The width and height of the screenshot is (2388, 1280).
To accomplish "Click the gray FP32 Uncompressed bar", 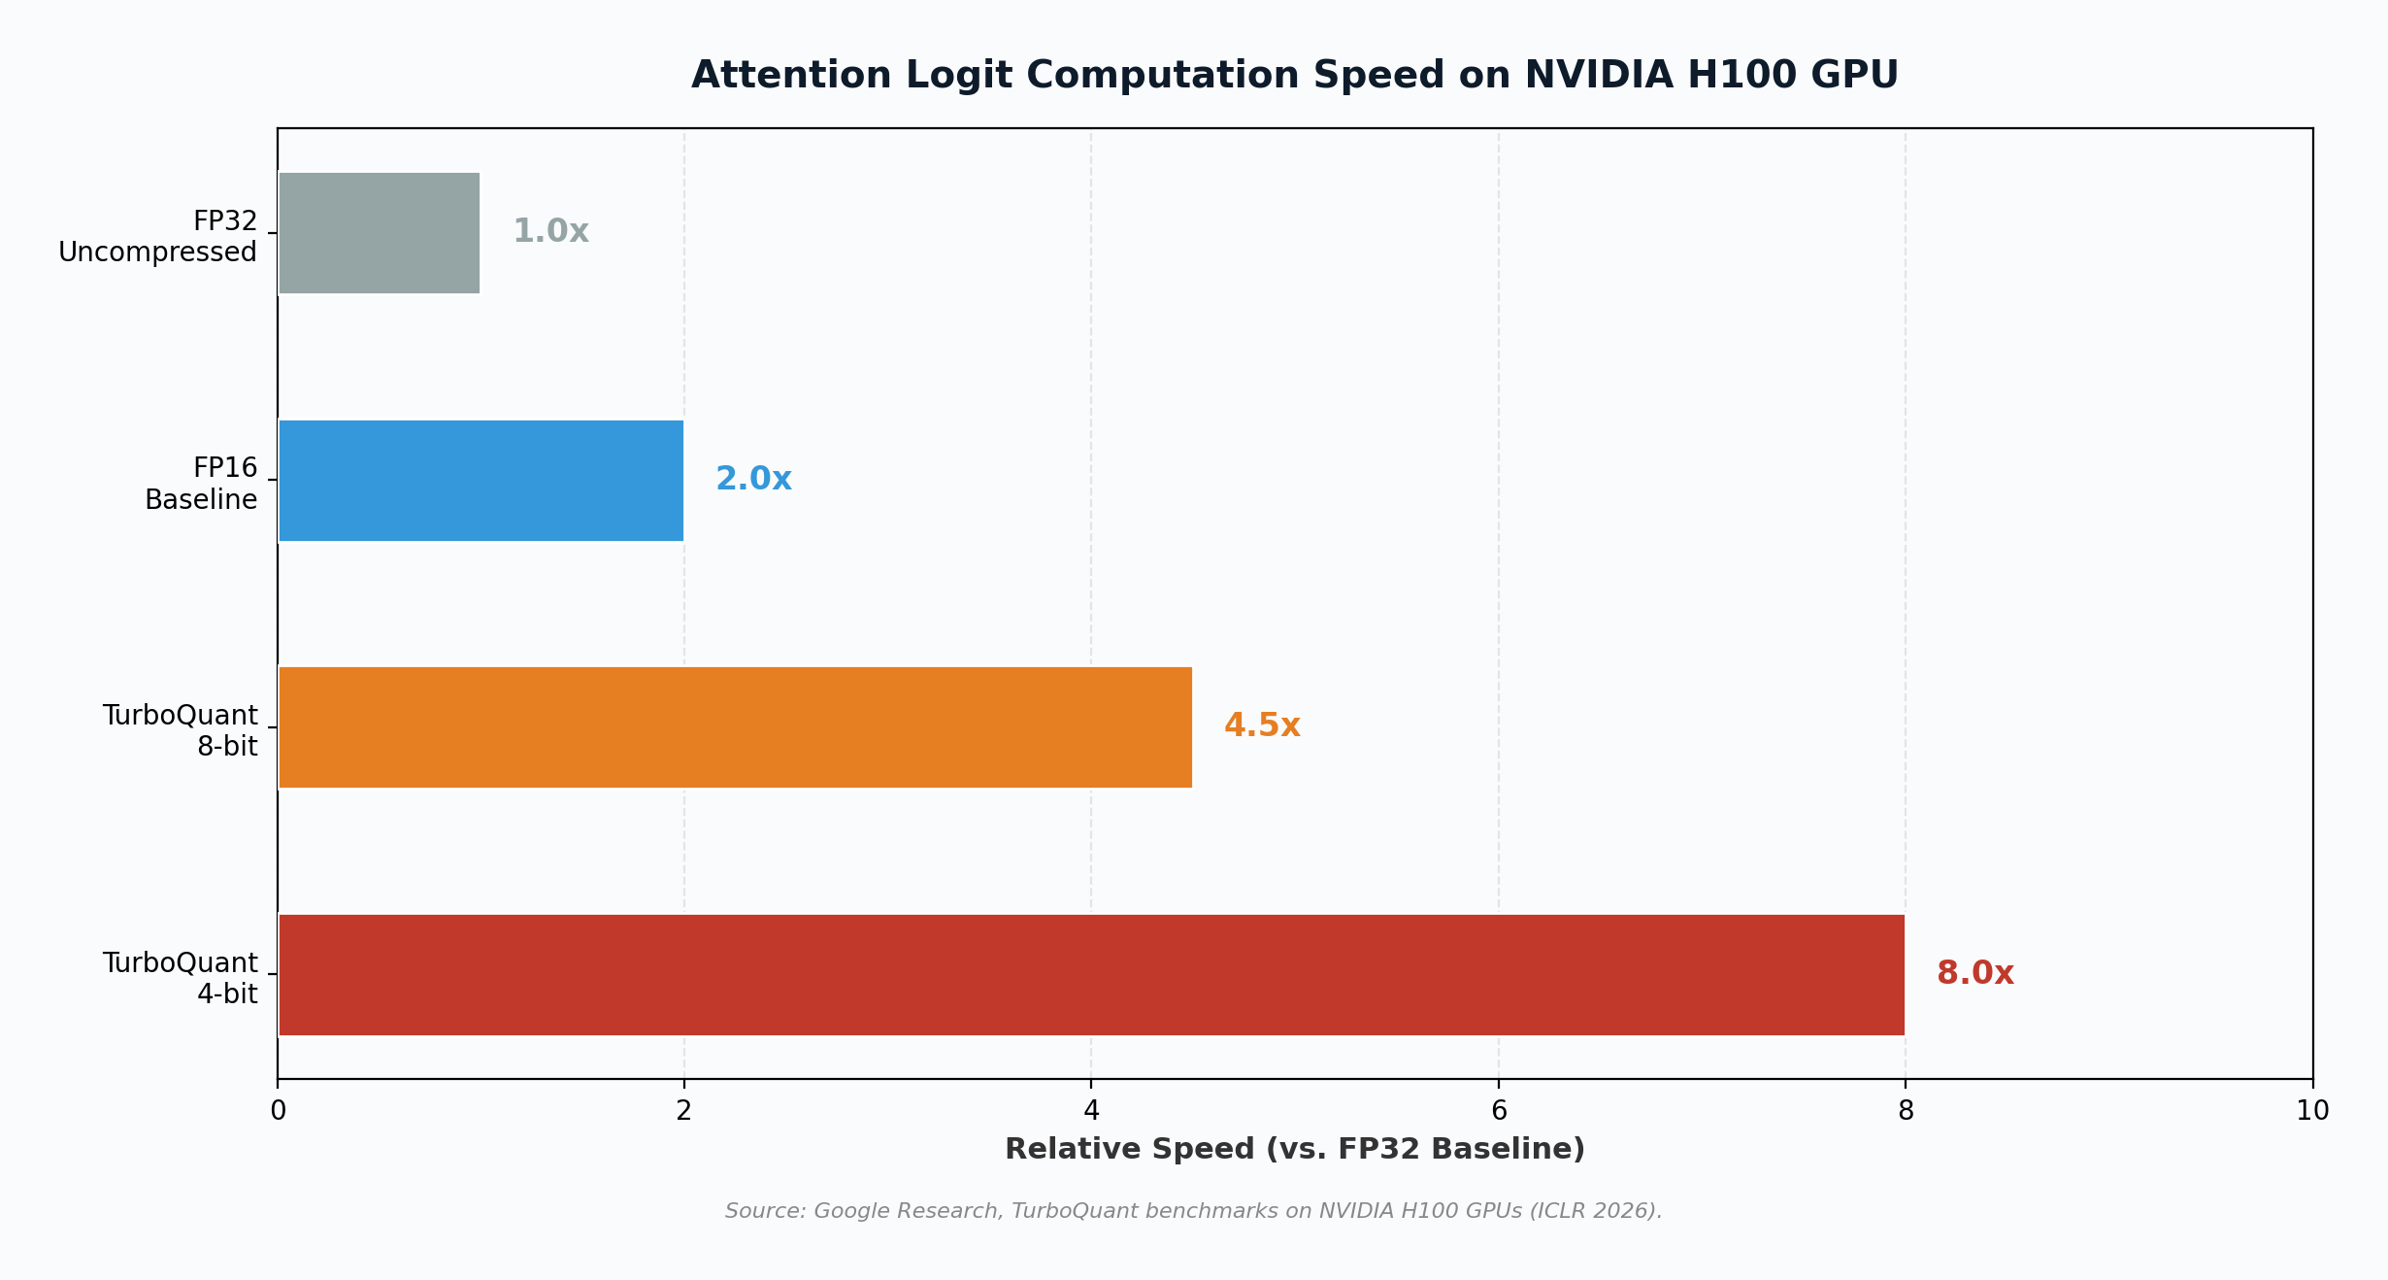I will tap(379, 233).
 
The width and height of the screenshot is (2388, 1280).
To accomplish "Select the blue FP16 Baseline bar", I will tap(481, 481).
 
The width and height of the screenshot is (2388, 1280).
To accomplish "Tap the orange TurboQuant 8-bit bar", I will tap(735, 727).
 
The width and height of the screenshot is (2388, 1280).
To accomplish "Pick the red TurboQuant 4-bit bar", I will tap(1091, 975).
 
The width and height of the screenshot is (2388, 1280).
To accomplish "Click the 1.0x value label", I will tap(550, 231).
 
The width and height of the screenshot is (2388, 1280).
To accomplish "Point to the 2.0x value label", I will tap(753, 479).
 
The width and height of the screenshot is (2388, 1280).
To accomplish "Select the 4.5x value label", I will tap(1262, 725).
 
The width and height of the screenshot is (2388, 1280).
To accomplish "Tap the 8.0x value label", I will tap(1974, 973).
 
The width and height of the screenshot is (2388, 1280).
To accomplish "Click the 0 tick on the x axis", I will tap(278, 1111).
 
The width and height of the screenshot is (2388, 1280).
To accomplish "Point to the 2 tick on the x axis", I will tap(684, 1111).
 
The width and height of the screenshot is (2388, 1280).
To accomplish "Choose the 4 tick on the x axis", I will tap(1091, 1111).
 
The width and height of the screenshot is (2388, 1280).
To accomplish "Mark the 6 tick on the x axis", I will tap(1499, 1111).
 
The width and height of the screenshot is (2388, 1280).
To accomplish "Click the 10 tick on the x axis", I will tap(2312, 1111).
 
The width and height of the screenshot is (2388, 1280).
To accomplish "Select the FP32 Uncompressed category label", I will tap(158, 236).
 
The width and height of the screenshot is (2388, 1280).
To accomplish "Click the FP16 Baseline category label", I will tap(201, 484).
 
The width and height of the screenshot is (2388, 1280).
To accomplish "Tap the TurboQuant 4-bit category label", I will tap(181, 978).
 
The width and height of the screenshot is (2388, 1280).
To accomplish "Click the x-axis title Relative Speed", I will tap(1294, 1149).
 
